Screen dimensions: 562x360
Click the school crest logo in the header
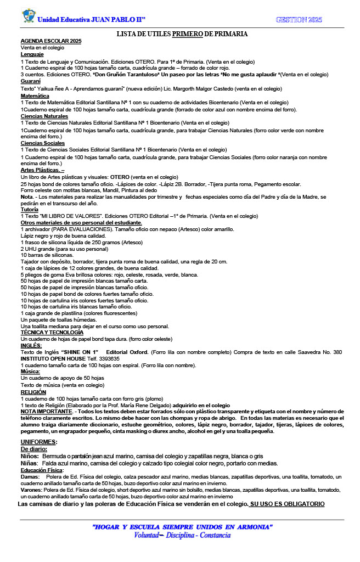tap(28, 15)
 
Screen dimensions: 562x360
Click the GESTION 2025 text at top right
tap(299, 20)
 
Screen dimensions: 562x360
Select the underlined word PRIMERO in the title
tap(187, 34)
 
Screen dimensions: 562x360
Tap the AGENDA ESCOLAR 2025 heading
tap(51, 41)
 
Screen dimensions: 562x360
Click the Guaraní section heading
tap(31, 81)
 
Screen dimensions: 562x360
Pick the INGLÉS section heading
tap(31, 345)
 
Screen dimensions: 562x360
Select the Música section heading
tap(30, 372)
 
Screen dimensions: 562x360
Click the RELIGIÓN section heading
tap(33, 392)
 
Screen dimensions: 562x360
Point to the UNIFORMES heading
tap(39, 441)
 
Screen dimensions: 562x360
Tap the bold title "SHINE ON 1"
tap(80, 352)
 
